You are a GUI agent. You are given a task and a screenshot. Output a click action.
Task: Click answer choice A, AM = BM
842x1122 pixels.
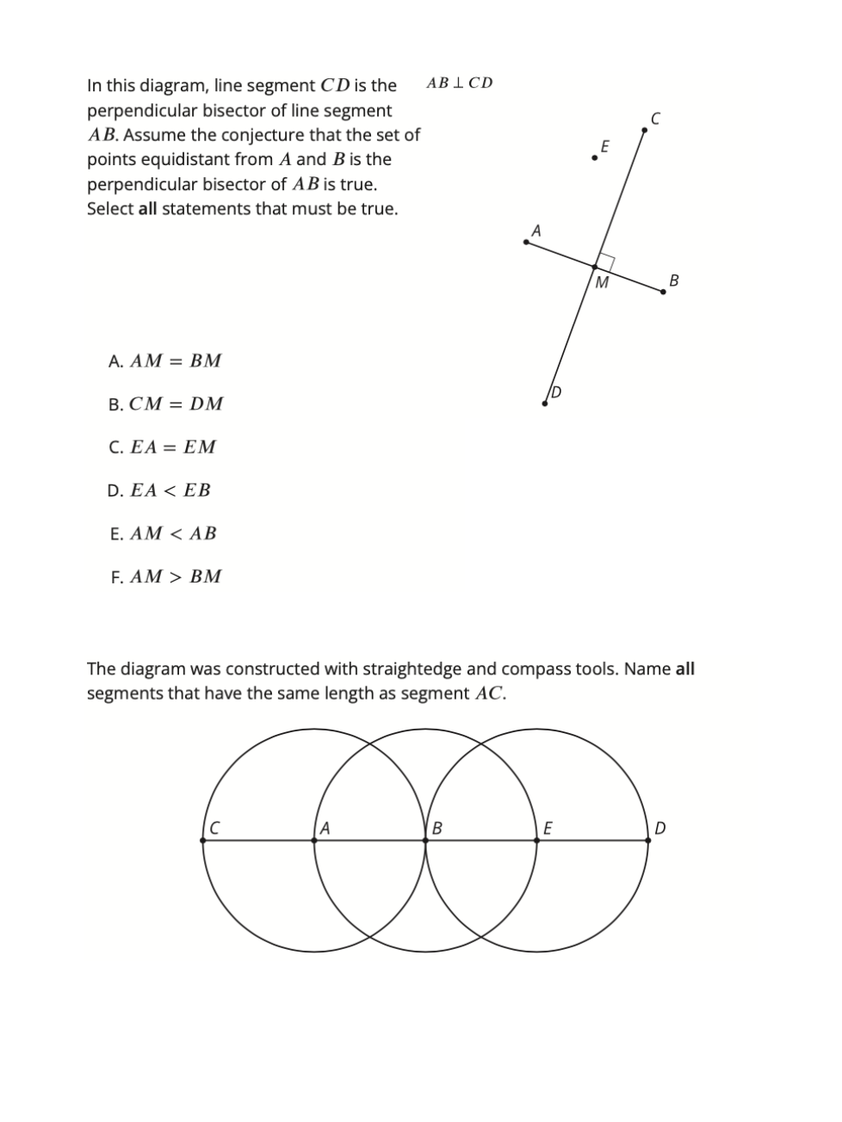point(164,361)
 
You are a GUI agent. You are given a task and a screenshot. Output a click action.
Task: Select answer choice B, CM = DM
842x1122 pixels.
point(165,404)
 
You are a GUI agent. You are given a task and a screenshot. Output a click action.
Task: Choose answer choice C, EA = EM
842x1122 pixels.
point(163,447)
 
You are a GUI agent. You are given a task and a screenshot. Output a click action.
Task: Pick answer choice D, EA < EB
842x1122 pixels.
point(159,490)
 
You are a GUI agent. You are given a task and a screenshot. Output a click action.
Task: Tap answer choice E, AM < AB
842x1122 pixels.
point(164,533)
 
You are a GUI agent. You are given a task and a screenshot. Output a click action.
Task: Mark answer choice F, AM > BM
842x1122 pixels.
point(165,576)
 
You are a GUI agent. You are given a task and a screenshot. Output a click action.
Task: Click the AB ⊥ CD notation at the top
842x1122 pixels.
point(460,83)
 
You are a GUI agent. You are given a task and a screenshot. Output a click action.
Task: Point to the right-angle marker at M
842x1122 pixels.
point(606,262)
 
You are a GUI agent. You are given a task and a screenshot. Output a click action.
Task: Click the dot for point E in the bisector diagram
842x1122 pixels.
point(594,158)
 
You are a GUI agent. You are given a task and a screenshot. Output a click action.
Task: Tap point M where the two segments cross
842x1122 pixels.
point(595,268)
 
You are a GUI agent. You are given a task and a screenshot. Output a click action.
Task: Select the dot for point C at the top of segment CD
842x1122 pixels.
point(644,130)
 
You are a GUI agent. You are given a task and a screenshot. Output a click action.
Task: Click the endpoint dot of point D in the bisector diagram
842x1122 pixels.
point(545,403)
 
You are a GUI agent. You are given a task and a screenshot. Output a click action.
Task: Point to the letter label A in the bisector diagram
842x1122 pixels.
point(536,231)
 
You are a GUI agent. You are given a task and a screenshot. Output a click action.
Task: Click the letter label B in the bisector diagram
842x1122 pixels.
point(673,280)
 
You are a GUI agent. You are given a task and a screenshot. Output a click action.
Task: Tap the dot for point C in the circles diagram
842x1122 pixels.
point(203,841)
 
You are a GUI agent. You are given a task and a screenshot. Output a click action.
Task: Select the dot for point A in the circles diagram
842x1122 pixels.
point(314,841)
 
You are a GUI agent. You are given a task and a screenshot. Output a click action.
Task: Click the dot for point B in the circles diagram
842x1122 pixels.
point(425,841)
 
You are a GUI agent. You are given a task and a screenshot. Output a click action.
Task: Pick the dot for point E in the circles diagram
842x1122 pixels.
point(537,841)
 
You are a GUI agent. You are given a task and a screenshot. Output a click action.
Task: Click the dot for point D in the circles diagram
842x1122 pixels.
point(648,841)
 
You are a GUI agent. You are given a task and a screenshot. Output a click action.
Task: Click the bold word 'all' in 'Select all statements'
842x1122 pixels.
point(147,209)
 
